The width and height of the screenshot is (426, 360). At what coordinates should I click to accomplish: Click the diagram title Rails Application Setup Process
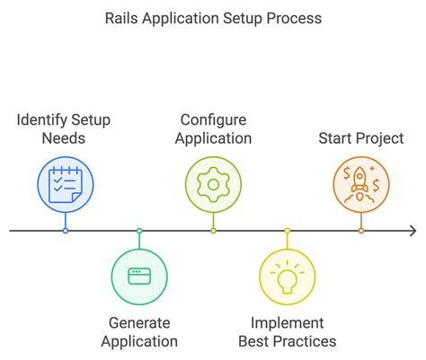point(212,18)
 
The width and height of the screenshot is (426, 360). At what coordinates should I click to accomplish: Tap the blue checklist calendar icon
point(65,185)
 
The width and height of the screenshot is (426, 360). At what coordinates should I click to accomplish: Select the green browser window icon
point(139,276)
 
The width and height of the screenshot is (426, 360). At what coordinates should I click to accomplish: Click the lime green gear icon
point(213,185)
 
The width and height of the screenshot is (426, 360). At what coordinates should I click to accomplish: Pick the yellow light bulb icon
point(287,276)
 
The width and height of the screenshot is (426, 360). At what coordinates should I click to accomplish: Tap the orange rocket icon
point(360,185)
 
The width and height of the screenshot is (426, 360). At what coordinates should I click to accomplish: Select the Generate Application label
point(139,332)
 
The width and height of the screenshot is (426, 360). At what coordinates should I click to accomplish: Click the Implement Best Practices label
point(287,332)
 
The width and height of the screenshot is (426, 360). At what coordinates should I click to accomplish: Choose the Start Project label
point(361,138)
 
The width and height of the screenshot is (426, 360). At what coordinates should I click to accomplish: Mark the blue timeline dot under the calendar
point(65,231)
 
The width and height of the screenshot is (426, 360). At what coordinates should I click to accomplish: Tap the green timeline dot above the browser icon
point(139,231)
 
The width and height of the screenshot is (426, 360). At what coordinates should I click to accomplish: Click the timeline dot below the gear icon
point(213,231)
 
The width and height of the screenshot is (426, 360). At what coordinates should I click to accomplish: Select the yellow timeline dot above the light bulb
point(287,231)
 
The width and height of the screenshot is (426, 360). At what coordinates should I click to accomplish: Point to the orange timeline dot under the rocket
point(360,231)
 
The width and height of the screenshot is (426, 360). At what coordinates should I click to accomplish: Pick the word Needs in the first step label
point(65,138)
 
